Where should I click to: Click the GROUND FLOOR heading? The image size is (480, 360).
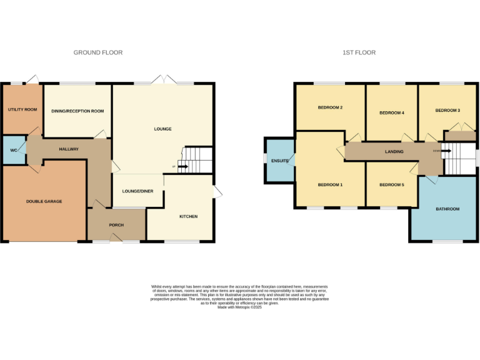tap(98, 52)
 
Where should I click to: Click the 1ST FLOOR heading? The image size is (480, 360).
tap(359, 52)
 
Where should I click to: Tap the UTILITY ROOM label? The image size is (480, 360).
tap(22, 109)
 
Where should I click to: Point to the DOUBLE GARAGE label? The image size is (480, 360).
tap(44, 201)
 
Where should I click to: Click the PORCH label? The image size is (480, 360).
tap(116, 225)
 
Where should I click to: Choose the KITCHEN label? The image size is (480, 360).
tap(188, 216)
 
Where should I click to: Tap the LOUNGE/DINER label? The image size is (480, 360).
tap(137, 191)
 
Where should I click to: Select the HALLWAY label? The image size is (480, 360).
tap(68, 149)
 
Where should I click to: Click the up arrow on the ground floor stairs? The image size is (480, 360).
tap(182, 166)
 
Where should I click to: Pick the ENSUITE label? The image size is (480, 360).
tap(280, 161)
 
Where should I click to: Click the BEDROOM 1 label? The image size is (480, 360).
tap(330, 184)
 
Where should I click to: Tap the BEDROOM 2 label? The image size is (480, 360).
tap(330, 107)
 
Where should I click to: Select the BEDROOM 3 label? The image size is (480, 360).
tap(447, 111)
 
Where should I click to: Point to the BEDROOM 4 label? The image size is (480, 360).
tap(392, 113)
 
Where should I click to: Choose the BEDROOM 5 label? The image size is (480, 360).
tap(392, 184)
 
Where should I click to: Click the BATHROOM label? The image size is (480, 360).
tap(447, 209)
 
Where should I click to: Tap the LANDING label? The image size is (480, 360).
tap(394, 151)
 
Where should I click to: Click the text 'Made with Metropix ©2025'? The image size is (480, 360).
tap(239, 307)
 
